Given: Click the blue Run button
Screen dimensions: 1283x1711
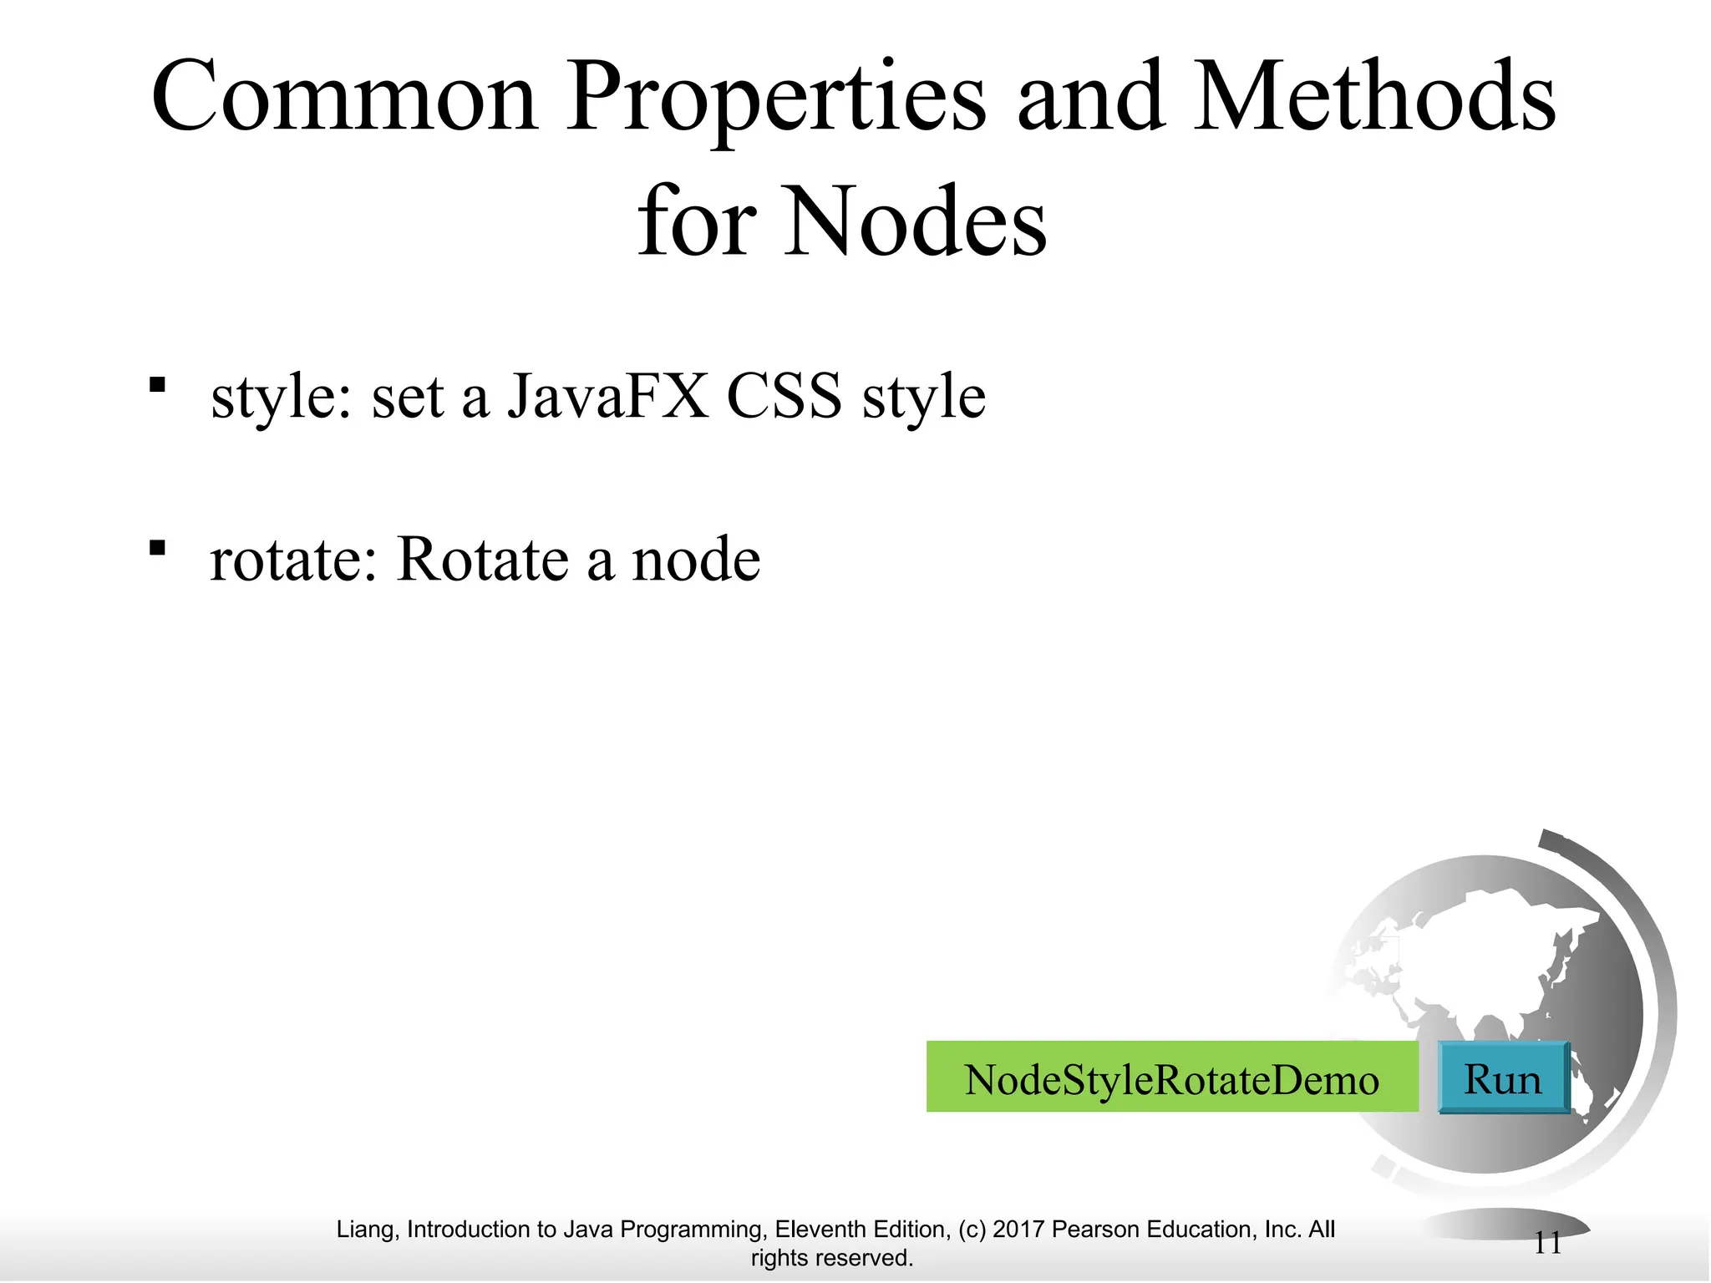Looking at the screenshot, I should pyautogui.click(x=1503, y=1078).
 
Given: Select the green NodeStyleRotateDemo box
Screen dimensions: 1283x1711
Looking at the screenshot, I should pyautogui.click(x=1172, y=1078).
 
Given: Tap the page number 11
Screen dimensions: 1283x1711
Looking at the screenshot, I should pyautogui.click(x=1547, y=1244).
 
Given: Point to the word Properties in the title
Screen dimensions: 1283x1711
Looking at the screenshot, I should pyautogui.click(x=776, y=99).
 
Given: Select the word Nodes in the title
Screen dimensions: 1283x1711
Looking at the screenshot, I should pyautogui.click(x=915, y=222).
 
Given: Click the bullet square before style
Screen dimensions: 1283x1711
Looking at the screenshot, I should pyautogui.click(x=157, y=385).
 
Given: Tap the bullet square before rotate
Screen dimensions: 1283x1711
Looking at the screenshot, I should pyautogui.click(x=157, y=548).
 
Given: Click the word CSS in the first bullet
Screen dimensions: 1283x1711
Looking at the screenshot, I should pyautogui.click(x=784, y=396).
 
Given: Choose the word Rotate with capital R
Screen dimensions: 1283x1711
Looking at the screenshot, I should pyautogui.click(x=484, y=559).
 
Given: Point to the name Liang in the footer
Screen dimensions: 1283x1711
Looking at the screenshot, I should pyautogui.click(x=367, y=1229).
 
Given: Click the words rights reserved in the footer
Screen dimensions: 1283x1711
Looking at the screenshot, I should pyautogui.click(x=832, y=1257).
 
